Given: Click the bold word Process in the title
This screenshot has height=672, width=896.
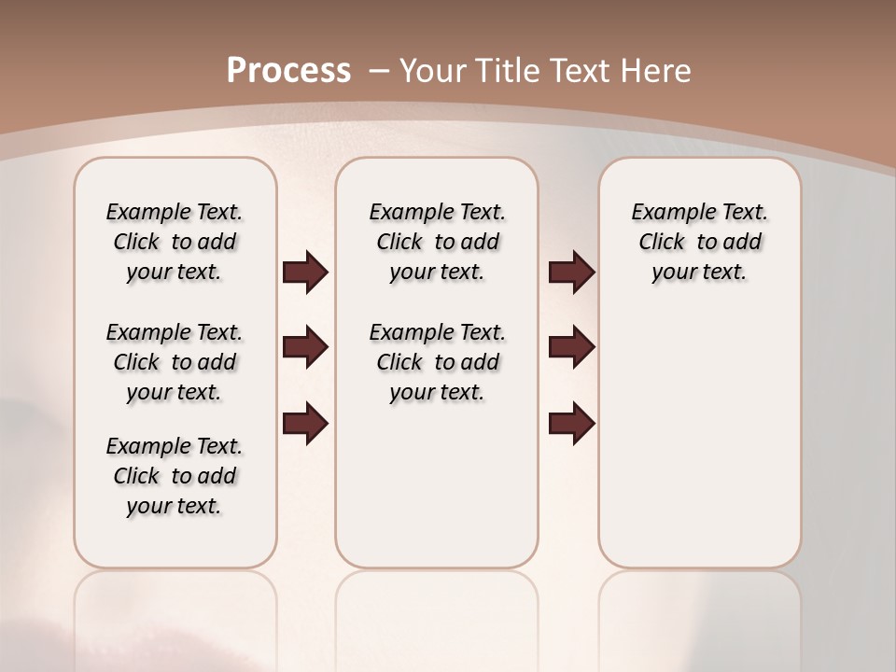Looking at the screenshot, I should (288, 71).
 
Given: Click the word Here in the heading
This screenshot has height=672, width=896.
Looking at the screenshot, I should (657, 71).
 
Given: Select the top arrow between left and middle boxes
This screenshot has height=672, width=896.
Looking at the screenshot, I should (305, 273).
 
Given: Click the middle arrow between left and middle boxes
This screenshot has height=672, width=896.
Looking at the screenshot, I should (305, 347).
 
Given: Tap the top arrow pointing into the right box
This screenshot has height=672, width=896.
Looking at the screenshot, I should (571, 273).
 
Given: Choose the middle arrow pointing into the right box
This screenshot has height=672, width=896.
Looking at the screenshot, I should (571, 347).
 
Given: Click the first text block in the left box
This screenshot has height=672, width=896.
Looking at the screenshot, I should (175, 242).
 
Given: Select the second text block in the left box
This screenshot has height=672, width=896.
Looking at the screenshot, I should (175, 362).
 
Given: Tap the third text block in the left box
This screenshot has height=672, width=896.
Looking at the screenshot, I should (175, 476).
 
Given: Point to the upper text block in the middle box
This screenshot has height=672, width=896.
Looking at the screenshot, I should (437, 242).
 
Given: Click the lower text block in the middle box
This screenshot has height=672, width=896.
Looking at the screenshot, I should (437, 362).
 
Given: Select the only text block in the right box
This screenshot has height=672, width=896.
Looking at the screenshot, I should (699, 242).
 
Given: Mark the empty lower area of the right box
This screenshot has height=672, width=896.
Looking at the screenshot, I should (699, 439).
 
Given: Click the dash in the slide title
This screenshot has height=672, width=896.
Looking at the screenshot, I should (379, 71).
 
